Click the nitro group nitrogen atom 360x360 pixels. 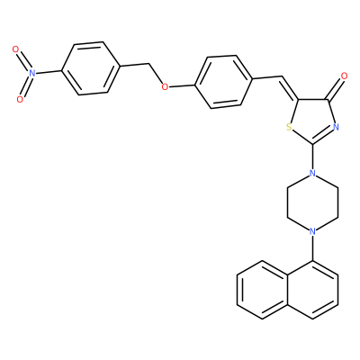click(32, 73)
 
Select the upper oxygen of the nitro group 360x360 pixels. click(16, 49)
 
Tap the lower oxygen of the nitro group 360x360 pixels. click(20, 100)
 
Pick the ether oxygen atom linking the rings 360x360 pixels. click(165, 87)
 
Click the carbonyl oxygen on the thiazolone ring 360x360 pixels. click(344, 76)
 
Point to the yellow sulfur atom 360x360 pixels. click(289, 127)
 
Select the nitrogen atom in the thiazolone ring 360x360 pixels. click(336, 127)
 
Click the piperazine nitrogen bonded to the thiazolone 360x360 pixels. click(312, 173)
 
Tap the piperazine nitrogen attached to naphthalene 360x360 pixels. click(312, 231)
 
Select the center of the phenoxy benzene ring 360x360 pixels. click(223, 82)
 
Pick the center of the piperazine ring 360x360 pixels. click(312, 202)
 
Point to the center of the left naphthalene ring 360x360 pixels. click(262, 291)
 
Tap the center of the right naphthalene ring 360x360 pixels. click(312, 291)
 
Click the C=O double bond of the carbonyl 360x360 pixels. click(336, 88)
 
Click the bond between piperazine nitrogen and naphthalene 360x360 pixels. click(312, 248)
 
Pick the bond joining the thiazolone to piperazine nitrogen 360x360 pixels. click(312, 157)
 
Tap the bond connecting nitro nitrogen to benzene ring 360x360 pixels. click(49, 72)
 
